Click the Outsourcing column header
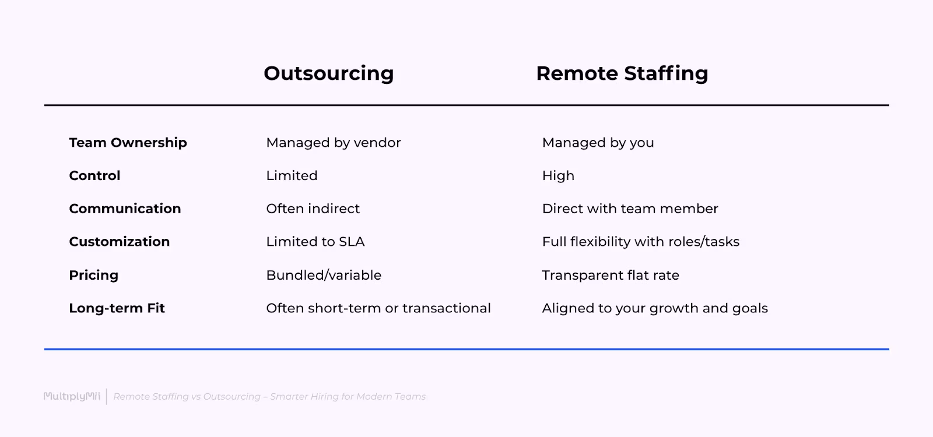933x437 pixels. tap(329, 73)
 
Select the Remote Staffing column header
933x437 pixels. tap(622, 73)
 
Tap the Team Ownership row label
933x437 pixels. tap(128, 143)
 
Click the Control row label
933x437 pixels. tap(94, 176)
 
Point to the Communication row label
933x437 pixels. tap(125, 209)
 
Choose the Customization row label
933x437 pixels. tap(119, 242)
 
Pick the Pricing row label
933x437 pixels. tap(93, 275)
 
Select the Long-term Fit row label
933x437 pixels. tap(117, 308)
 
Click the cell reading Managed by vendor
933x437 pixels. tap(333, 143)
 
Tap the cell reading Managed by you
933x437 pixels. tap(598, 143)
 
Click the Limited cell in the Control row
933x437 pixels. tap(292, 176)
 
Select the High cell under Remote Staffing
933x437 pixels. tap(558, 176)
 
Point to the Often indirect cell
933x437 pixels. tap(313, 209)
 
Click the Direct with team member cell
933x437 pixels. tap(630, 209)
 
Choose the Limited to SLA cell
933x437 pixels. tap(315, 242)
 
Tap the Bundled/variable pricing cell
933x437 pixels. tap(324, 275)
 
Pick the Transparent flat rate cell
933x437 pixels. tap(611, 275)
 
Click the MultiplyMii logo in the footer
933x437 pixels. tap(72, 397)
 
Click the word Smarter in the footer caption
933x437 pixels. tap(289, 397)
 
